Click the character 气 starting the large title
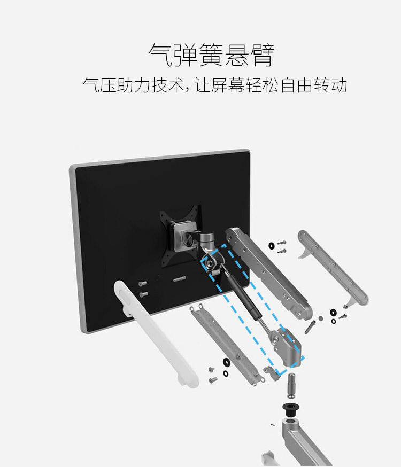coord(160,56)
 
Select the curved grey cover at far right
coord(331,267)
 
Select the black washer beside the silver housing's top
coord(272,245)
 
